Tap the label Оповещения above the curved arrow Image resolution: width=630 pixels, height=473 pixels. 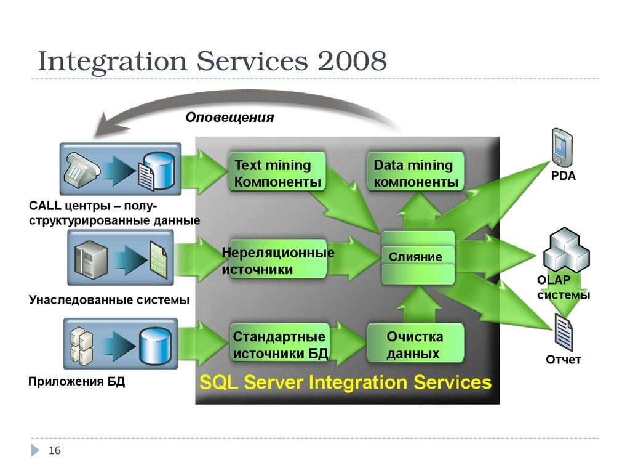tap(229, 117)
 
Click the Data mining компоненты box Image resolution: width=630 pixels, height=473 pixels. tap(416, 173)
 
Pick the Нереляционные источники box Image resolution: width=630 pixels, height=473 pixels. tap(277, 261)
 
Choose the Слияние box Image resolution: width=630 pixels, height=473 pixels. tap(418, 257)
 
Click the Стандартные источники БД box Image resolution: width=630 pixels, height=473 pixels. tap(279, 344)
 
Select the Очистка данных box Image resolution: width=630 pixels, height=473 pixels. tap(415, 344)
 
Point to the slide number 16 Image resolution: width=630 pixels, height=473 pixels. tap(54, 451)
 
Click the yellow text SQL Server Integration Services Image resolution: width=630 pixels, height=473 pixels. tap(345, 382)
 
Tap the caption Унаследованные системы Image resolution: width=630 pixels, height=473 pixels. tap(109, 300)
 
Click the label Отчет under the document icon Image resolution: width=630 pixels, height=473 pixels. tap(563, 360)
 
